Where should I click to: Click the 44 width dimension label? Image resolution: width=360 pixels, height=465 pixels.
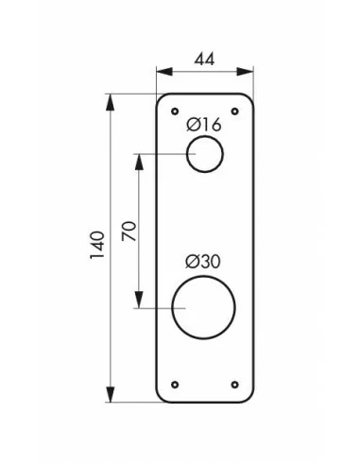point(204,60)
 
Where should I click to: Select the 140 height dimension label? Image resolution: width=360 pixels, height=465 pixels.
point(97,245)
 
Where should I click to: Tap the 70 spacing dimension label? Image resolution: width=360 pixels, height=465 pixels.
point(129,232)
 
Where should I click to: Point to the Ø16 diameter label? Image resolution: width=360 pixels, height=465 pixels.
point(204,125)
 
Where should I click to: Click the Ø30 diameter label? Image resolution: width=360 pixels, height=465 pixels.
point(203,262)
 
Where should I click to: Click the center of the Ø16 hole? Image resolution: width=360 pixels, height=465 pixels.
point(205,154)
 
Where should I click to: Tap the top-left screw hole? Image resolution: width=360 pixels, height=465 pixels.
point(175,112)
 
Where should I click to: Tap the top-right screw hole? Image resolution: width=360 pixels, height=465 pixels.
point(234,112)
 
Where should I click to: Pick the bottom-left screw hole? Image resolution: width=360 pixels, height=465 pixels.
point(175,385)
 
